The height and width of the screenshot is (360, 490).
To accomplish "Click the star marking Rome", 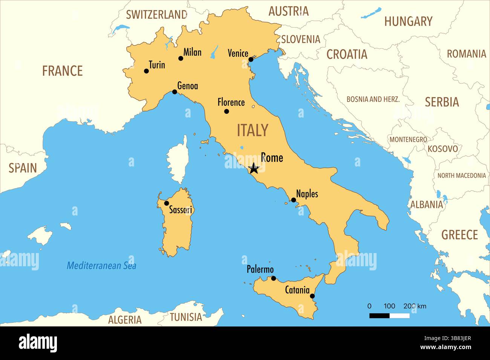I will point(254,168).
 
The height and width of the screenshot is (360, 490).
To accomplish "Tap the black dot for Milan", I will point(181,58).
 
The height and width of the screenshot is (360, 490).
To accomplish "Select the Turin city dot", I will point(146,71).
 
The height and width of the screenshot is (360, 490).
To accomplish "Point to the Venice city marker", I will point(251,59).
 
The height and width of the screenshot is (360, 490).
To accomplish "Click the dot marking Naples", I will point(293,200).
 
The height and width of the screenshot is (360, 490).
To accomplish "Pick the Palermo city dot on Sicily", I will point(274,278).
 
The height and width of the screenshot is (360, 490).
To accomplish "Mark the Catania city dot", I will point(312,296).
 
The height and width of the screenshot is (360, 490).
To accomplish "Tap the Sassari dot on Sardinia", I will point(167,203).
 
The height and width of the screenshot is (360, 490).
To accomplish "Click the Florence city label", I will point(231,102).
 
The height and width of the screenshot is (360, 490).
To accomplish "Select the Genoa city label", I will point(187,86).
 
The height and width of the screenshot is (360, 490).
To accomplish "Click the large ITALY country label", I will point(253,130).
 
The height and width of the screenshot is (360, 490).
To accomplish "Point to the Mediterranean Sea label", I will point(101,265).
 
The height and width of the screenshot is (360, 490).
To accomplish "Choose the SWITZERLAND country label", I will point(156,15).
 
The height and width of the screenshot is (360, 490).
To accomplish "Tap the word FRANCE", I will point(62,71).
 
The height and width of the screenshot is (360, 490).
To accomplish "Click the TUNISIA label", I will point(186,317).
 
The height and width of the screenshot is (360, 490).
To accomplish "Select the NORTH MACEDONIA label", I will point(461,175).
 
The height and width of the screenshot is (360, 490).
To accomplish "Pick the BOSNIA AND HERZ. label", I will point(373,99).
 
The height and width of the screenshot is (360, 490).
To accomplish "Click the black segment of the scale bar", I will point(379,316).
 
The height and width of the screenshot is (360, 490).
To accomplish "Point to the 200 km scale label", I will point(415,306).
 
